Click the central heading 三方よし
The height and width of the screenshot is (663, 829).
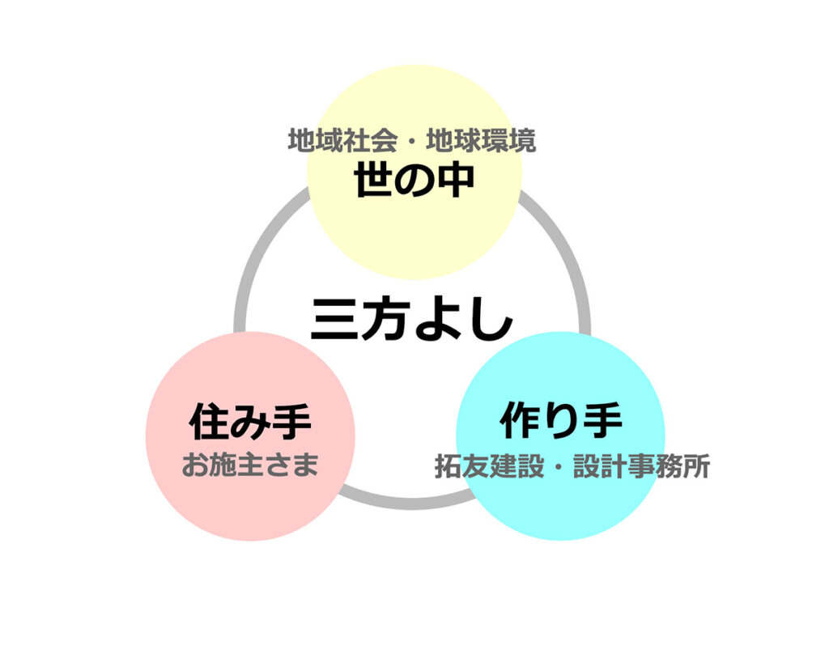click(x=412, y=320)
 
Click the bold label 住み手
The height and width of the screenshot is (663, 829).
click(x=250, y=421)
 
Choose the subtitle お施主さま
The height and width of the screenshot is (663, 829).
click(x=250, y=465)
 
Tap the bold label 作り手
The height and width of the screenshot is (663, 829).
click(x=561, y=421)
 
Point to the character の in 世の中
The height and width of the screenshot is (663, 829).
click(x=414, y=181)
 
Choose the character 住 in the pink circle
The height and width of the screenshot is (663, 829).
click(x=209, y=421)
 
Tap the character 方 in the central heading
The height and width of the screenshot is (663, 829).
click(x=387, y=320)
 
